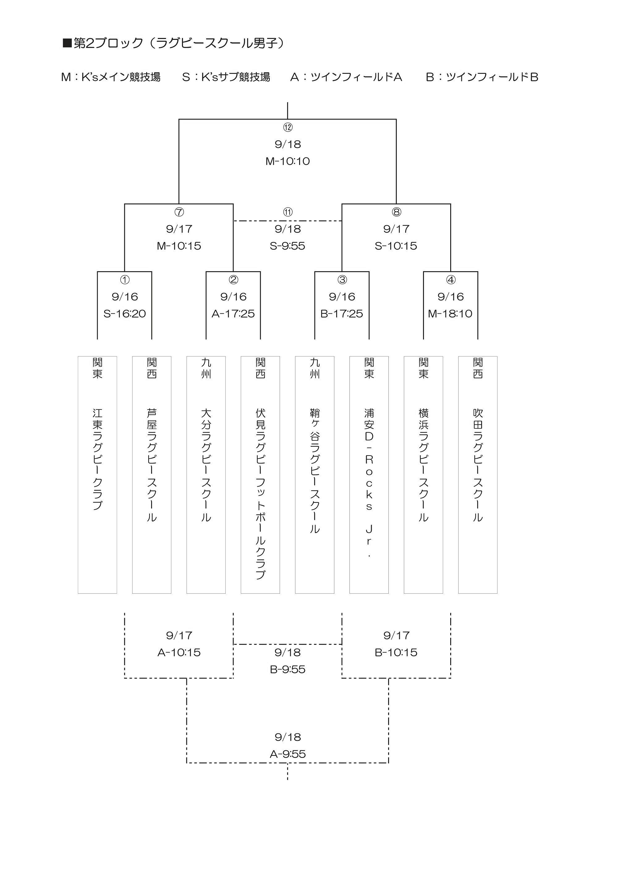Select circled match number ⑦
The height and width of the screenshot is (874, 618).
(179, 212)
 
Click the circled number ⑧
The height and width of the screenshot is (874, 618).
(396, 212)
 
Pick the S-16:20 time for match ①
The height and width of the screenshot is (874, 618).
(125, 314)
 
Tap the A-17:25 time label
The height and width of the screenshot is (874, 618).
(233, 314)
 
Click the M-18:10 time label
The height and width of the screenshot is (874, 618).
(450, 314)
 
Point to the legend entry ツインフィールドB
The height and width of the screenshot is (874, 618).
(482, 77)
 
